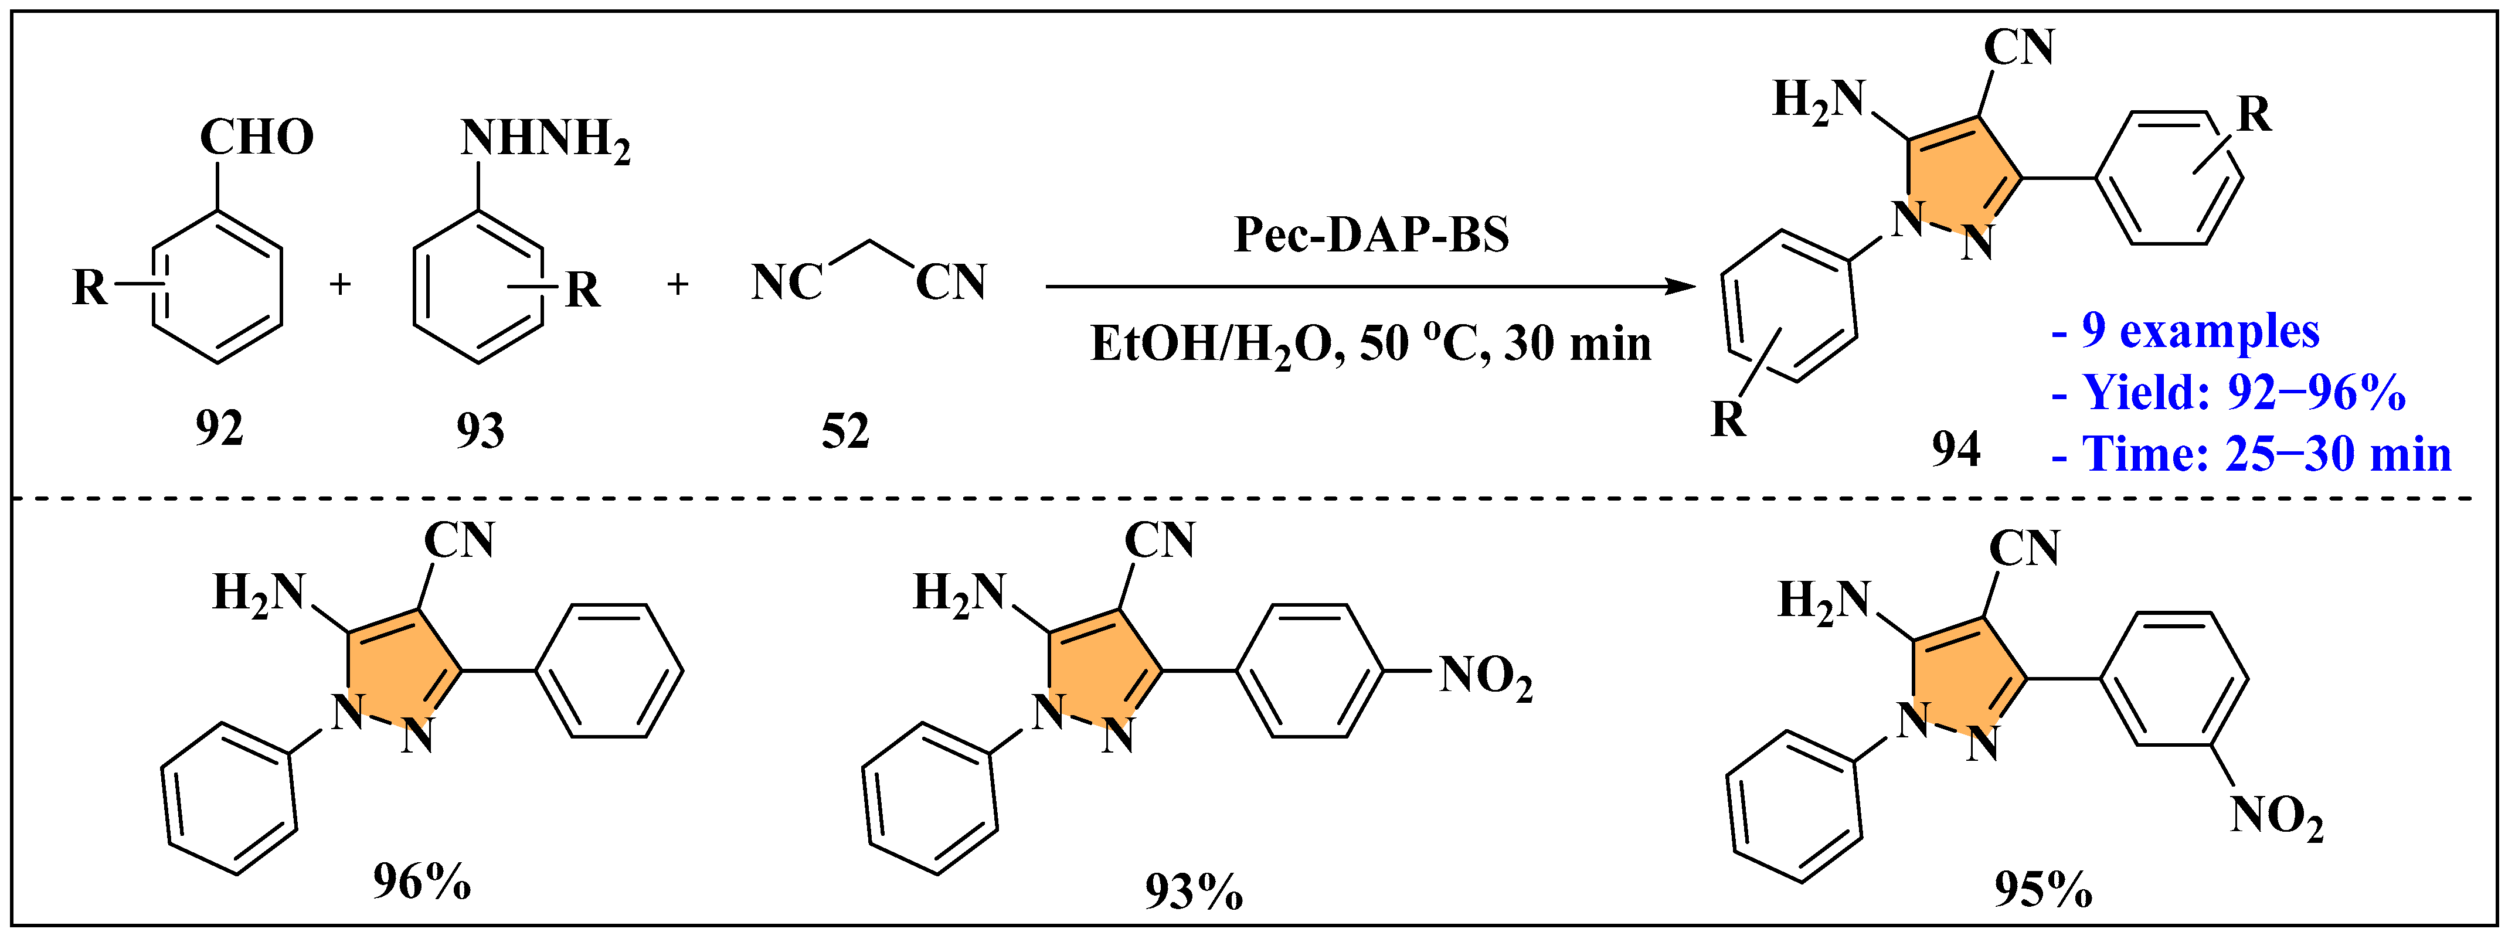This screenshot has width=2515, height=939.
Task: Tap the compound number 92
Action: click(219, 428)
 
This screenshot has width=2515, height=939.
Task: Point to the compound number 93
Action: click(480, 430)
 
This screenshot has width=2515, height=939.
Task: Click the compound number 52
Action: click(845, 430)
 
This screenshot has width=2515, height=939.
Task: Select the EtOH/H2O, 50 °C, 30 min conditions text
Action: click(1371, 343)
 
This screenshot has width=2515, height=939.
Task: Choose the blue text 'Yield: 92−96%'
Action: click(2244, 392)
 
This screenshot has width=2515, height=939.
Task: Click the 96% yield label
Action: click(422, 883)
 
